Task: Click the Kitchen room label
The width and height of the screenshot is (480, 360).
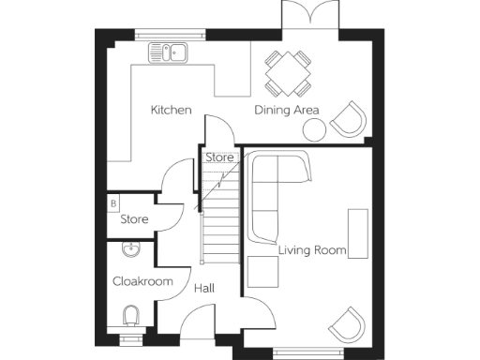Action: [x=172, y=111]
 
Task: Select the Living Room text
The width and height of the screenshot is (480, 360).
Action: [x=312, y=250]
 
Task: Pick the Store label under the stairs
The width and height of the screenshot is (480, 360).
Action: [x=219, y=157]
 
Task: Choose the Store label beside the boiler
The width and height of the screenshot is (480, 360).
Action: [x=134, y=219]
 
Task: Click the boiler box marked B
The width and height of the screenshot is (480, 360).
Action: [x=113, y=202]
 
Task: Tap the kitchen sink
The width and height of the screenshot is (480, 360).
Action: [x=171, y=52]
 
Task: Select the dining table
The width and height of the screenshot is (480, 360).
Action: [x=288, y=72]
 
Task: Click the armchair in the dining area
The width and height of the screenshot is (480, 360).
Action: [x=347, y=119]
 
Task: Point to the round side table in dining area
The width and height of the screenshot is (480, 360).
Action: [x=313, y=128]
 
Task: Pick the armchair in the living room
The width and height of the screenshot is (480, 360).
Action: [x=346, y=323]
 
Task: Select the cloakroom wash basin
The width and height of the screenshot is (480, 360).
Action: [x=129, y=249]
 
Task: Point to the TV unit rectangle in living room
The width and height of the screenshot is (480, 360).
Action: [x=358, y=233]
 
